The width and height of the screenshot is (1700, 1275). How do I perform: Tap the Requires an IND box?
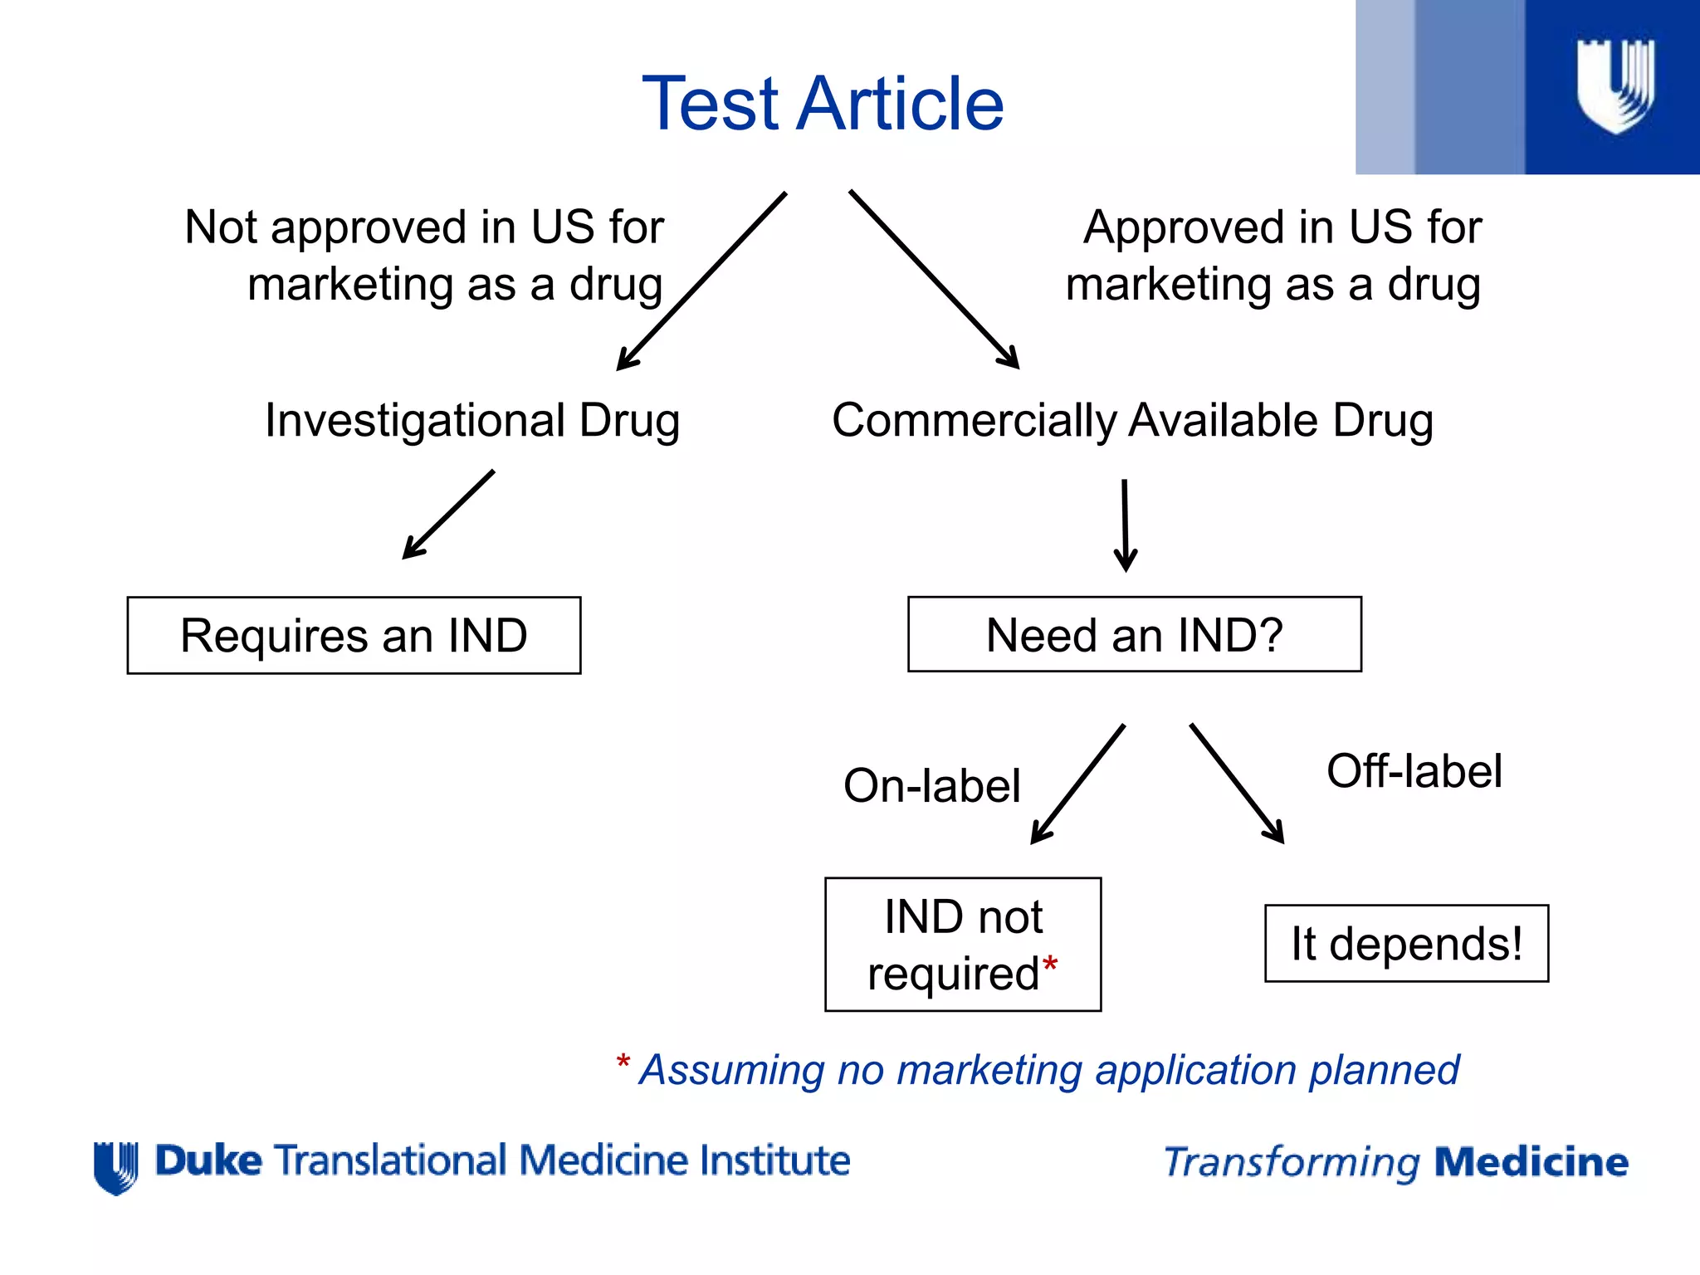[354, 636]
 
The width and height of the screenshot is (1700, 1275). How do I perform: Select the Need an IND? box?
[1134, 634]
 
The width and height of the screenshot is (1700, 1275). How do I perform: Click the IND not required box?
[962, 945]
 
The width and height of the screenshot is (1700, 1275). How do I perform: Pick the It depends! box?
[1406, 944]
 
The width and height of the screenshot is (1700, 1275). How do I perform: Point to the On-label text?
[931, 786]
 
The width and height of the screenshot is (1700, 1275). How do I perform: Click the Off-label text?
[1414, 771]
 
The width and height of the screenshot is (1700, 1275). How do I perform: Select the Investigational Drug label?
[472, 420]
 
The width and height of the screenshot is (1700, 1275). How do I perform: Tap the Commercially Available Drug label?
[1132, 420]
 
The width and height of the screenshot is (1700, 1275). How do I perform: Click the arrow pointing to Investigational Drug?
[701, 282]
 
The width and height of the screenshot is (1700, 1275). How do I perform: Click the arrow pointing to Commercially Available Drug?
[934, 280]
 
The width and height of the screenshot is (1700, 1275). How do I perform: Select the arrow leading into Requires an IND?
[448, 515]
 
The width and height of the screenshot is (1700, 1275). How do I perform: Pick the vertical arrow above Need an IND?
[1126, 525]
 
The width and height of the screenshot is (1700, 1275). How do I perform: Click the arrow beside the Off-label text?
[1237, 784]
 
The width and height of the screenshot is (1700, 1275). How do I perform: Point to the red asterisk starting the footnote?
[623, 1062]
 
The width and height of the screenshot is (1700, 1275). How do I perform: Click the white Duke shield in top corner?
[1615, 85]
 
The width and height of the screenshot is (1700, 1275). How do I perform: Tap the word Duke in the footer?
[208, 1160]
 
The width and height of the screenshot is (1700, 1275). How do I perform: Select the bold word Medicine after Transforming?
[1531, 1162]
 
